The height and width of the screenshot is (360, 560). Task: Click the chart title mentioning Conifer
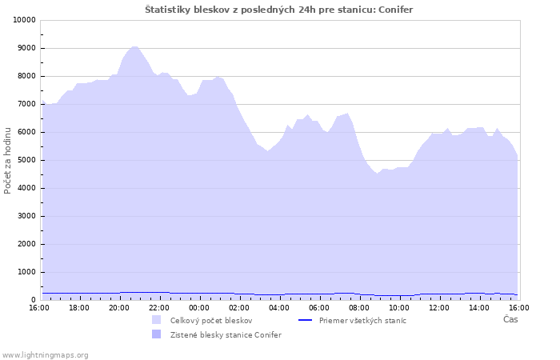tap(279, 10)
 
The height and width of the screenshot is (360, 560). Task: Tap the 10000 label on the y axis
tap(25, 20)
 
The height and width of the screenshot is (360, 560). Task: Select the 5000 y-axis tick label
tap(27, 160)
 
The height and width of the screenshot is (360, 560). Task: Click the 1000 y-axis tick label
tap(27, 272)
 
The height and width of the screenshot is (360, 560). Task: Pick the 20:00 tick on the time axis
tap(119, 308)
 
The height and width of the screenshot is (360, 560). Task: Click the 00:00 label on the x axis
tap(199, 308)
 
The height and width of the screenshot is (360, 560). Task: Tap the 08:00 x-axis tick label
tap(359, 308)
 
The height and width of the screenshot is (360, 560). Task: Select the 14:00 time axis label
tap(479, 308)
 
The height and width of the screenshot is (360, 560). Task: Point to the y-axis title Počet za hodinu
tap(7, 161)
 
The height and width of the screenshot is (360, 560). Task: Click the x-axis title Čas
tap(510, 319)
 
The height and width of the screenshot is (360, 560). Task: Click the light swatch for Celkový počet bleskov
tap(157, 320)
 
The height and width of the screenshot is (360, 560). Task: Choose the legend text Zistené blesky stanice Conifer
tap(226, 335)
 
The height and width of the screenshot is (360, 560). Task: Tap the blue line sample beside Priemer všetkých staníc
tap(305, 320)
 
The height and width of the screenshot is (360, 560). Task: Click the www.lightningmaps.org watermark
tap(45, 355)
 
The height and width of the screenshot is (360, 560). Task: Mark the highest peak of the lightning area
tap(134, 46)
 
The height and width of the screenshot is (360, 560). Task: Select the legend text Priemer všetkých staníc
tap(362, 320)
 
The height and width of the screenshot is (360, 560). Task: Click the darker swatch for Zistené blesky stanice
tap(157, 334)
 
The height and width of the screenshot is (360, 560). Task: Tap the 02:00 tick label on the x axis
tap(239, 308)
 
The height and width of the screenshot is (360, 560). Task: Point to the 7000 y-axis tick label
tap(27, 104)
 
